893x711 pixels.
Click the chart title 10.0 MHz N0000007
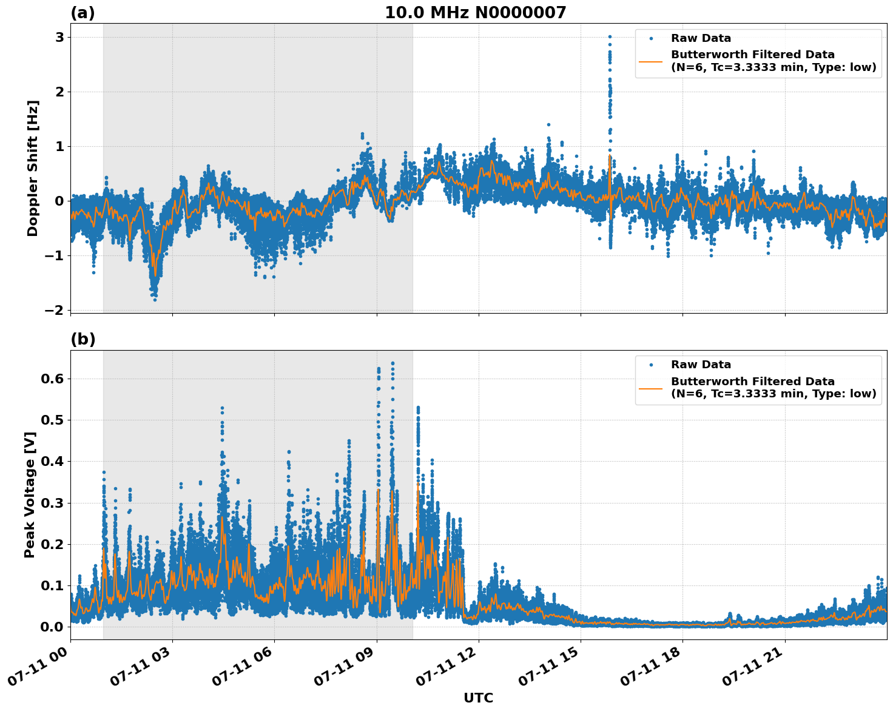(475, 13)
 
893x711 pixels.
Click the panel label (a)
(83, 13)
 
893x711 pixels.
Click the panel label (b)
(83, 339)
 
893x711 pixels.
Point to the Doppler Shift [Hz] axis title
(33, 168)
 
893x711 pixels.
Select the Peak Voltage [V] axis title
(30, 494)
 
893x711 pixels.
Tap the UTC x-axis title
(478, 698)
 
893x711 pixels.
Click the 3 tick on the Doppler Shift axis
(59, 38)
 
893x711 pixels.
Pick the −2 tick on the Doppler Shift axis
(54, 310)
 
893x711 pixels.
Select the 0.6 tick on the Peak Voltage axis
(52, 379)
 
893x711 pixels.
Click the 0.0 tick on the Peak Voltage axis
(52, 627)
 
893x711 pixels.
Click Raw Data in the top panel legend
(701, 38)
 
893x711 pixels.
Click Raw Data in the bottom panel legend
(701, 365)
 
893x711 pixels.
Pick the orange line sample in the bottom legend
(652, 388)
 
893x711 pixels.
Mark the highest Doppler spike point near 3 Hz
(610, 37)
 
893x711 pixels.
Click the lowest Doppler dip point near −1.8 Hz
(155, 299)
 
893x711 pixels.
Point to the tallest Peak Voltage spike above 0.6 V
(393, 363)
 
